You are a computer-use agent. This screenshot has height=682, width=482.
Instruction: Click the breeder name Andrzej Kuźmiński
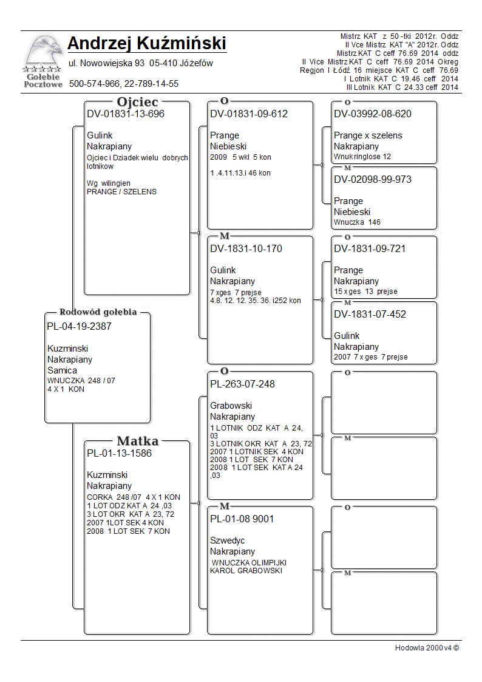pos(147,44)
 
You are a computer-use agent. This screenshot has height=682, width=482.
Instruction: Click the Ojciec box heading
pos(137,102)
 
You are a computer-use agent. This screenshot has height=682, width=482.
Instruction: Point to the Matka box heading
pos(138,441)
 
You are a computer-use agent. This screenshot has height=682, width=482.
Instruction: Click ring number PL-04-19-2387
pos(79,326)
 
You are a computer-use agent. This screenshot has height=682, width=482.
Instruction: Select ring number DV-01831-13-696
pos(126,114)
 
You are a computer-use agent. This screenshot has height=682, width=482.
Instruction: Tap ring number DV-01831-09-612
pos(249,114)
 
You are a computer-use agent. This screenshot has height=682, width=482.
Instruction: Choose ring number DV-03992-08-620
pos(373,114)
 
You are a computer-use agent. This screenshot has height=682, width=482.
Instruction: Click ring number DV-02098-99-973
pos(373,179)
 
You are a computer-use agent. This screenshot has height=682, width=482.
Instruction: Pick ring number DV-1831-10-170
pos(246,248)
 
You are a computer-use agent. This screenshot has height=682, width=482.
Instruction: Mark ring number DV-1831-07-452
pos(370,314)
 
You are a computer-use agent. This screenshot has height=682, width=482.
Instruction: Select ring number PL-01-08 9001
pos(242,519)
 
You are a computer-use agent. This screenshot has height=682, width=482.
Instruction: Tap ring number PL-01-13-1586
pos(120,453)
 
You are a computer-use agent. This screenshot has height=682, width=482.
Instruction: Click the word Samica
pos(62,370)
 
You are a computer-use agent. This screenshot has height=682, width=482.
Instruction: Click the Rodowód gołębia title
pos(98,312)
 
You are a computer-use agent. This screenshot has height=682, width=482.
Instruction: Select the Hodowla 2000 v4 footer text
pos(427,647)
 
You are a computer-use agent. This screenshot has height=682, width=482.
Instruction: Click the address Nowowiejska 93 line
pos(140,63)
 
